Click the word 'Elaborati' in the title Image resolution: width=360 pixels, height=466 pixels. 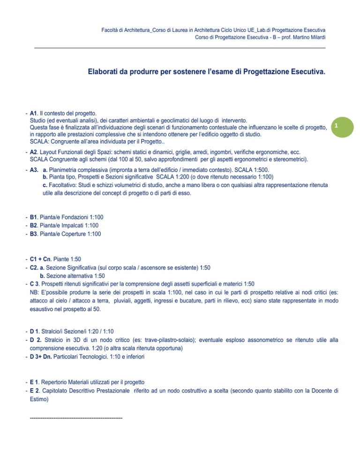point(105,73)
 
